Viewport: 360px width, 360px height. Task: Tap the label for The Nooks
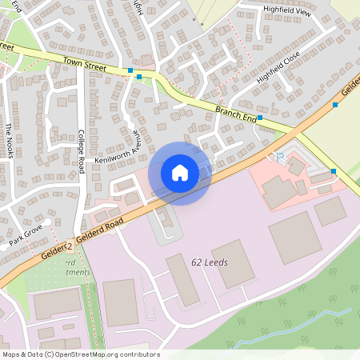click(9, 141)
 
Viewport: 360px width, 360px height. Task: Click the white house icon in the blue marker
click(179, 172)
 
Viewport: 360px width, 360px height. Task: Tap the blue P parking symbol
click(279, 158)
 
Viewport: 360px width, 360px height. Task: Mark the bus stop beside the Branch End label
click(260, 117)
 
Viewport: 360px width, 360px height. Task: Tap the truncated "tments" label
click(71, 273)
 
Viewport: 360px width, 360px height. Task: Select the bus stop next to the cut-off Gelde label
click(335, 105)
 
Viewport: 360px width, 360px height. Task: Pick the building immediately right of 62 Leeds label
click(233, 264)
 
